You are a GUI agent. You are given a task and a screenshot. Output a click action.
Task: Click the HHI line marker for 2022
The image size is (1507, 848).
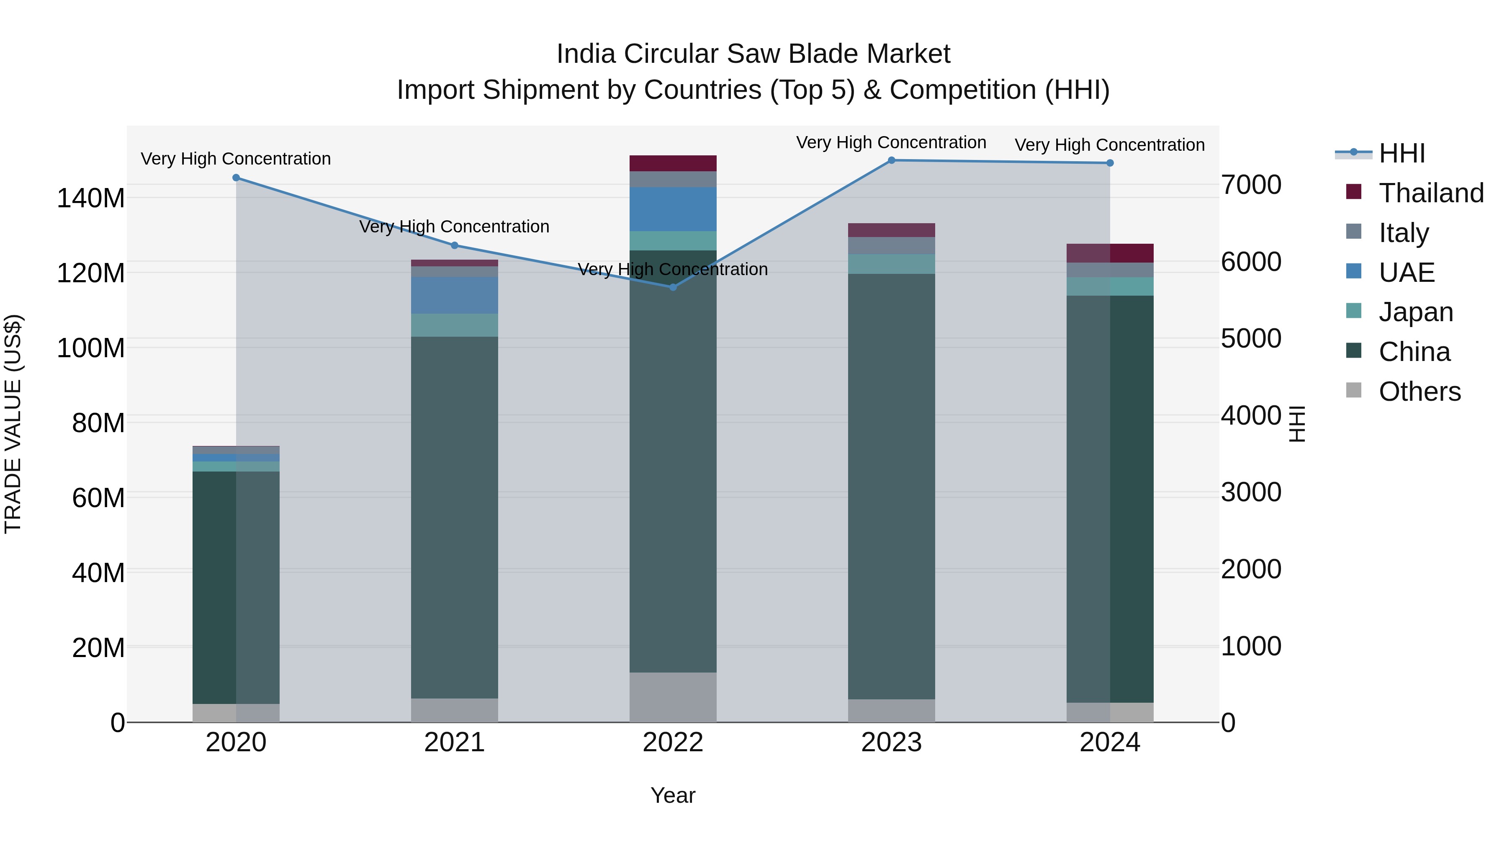pos(673,287)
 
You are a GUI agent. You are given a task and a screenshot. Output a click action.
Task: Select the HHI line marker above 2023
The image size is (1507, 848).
pos(892,160)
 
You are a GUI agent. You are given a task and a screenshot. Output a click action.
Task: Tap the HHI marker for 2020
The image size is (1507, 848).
pos(237,178)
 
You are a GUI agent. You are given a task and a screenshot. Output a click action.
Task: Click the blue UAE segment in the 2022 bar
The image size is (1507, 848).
pos(673,209)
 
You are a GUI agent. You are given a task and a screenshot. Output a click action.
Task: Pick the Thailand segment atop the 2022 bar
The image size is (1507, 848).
pos(673,163)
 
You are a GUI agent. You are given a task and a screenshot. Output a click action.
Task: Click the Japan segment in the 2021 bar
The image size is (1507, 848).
pos(455,325)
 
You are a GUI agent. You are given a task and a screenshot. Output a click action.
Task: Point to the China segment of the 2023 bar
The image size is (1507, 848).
pos(892,486)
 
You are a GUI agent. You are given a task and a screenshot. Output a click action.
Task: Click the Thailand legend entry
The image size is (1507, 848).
pos(1430,193)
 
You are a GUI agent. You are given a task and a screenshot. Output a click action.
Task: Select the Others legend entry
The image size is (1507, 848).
pos(1419,392)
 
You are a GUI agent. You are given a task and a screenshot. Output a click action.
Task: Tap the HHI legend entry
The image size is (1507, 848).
pos(1401,153)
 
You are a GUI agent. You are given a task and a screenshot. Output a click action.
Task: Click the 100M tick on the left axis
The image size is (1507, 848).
pos(91,348)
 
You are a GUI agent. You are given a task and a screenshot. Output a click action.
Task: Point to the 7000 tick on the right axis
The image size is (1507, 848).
pos(1251,185)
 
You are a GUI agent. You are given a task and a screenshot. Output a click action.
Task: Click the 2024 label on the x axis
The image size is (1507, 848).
pos(1110,742)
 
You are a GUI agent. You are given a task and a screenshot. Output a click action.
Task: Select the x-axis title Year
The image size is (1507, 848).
pos(673,795)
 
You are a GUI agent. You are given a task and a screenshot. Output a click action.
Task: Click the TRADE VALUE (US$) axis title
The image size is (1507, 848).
pos(13,424)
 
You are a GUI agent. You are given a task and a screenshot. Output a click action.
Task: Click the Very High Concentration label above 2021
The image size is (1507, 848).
pos(455,227)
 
